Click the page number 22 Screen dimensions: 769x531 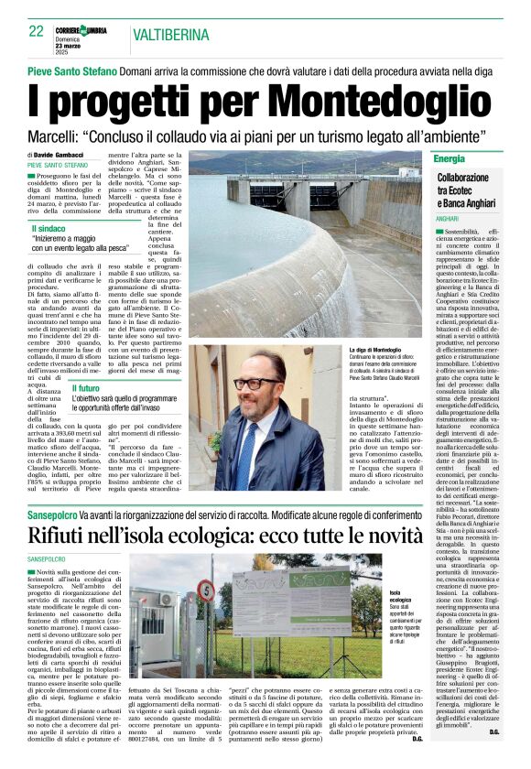click(x=36, y=32)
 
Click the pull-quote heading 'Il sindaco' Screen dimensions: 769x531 click(x=49, y=228)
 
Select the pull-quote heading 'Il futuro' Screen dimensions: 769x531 click(x=87, y=388)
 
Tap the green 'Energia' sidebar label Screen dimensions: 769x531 click(x=450, y=158)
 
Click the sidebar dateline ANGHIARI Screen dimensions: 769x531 click(x=448, y=220)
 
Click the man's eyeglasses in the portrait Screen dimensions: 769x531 click(x=256, y=383)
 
